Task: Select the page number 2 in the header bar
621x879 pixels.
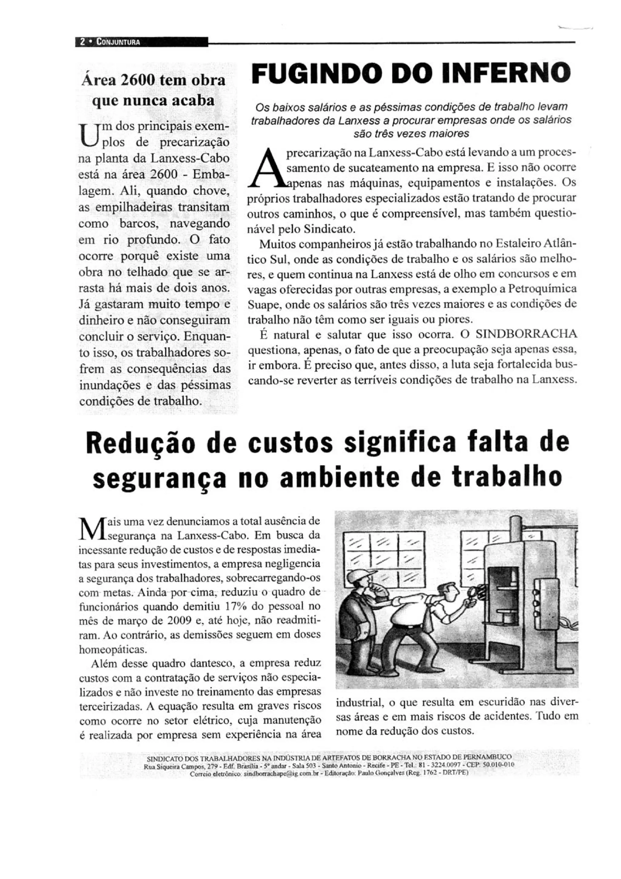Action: (x=82, y=42)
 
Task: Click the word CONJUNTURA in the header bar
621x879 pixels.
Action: (x=118, y=42)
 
